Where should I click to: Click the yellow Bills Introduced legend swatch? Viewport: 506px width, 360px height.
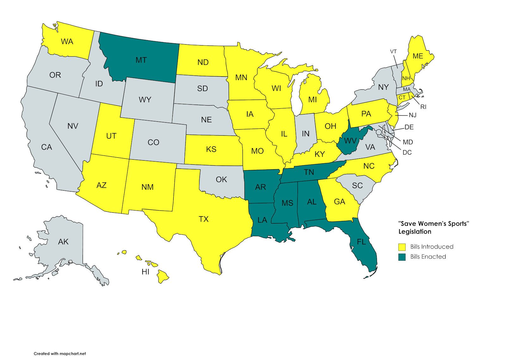402,247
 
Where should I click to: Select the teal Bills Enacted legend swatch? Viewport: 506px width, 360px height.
402,257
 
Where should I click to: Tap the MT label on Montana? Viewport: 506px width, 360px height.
141,60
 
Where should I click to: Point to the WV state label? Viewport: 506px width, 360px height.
350,141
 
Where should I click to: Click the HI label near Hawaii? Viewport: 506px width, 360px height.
145,272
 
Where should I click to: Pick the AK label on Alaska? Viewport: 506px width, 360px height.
63,242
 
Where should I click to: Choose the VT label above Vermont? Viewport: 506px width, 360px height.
393,52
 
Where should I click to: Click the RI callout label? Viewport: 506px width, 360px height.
423,107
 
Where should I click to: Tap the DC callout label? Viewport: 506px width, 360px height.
407,153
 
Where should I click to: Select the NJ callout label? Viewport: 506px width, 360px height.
412,115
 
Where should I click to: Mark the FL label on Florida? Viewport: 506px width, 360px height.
361,242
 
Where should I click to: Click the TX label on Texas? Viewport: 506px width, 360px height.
204,219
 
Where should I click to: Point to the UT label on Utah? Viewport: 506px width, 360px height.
111,136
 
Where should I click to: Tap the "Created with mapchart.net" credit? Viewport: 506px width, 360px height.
60,353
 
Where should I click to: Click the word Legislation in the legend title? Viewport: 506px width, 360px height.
415,232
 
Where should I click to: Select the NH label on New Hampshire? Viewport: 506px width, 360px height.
406,78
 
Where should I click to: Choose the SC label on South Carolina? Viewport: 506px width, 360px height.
357,186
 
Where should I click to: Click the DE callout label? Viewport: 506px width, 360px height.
409,127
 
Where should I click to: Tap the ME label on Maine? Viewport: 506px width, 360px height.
418,56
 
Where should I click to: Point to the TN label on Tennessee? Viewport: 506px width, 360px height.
309,172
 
